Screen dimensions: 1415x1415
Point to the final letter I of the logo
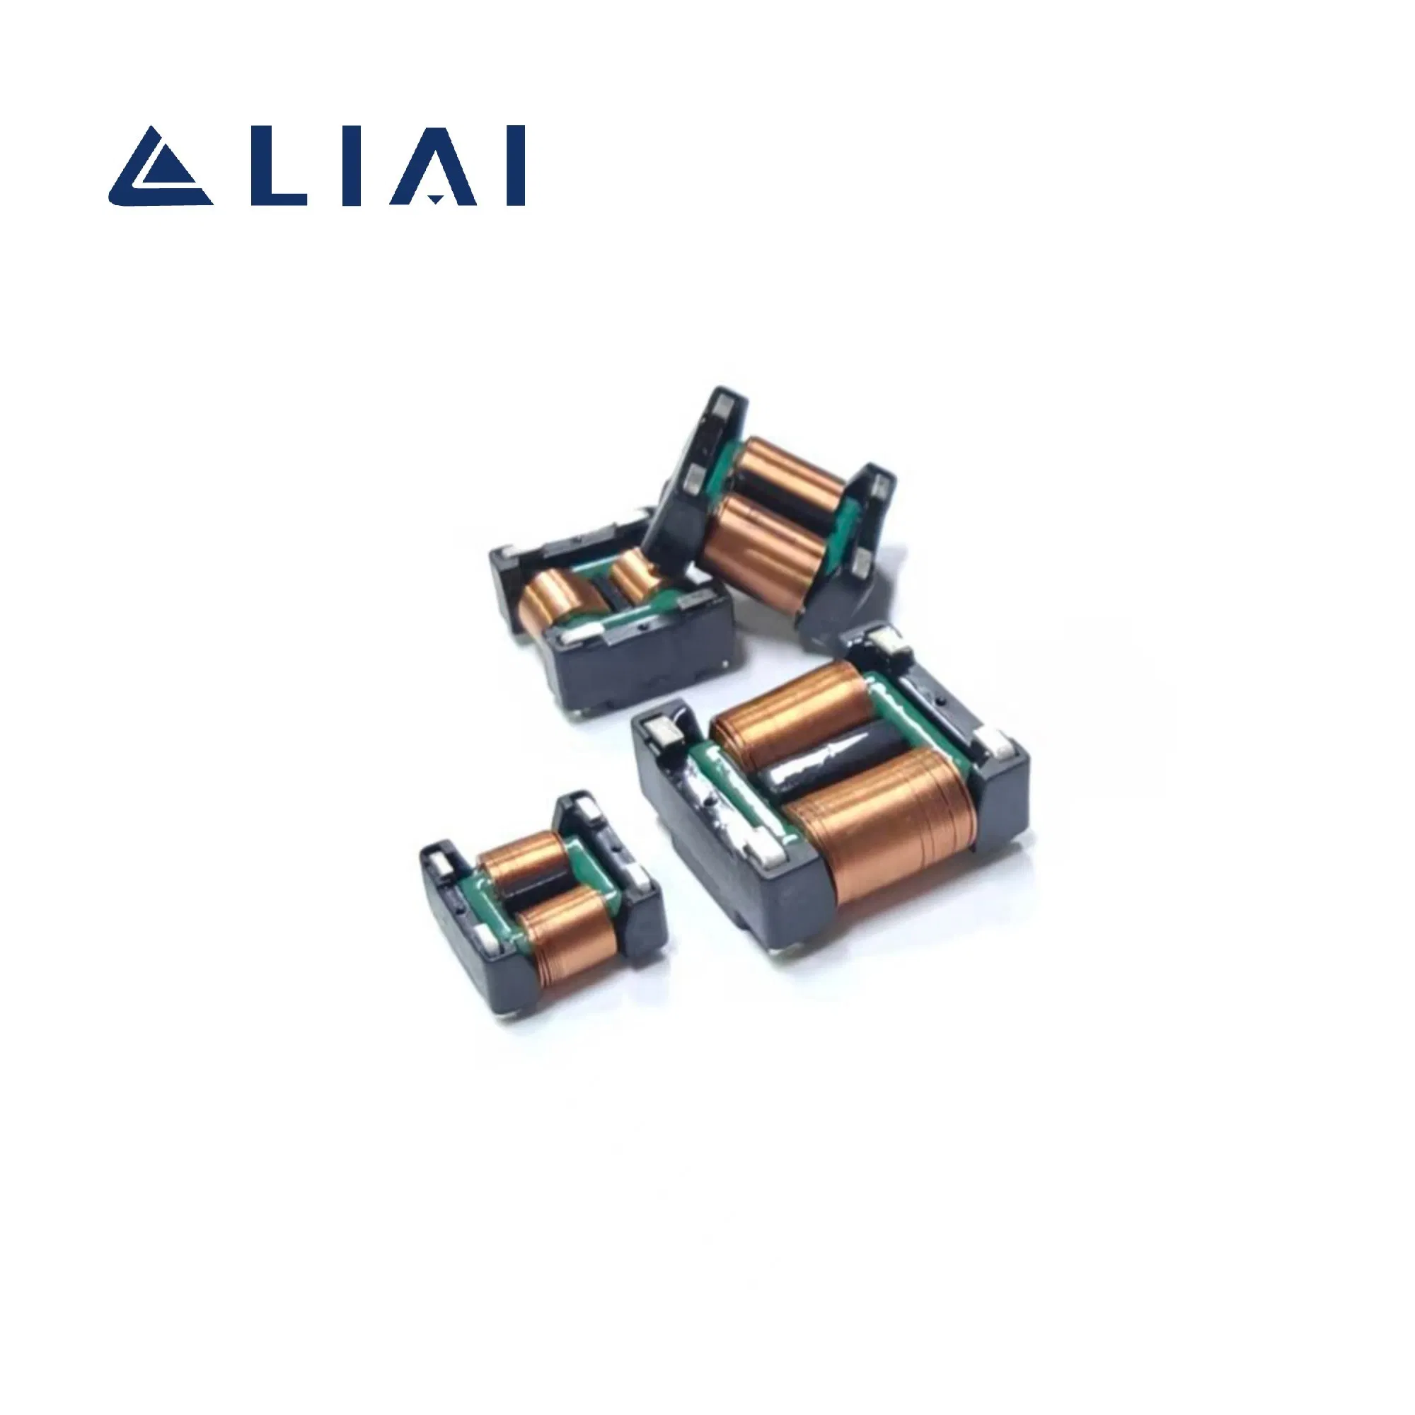coord(516,166)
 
